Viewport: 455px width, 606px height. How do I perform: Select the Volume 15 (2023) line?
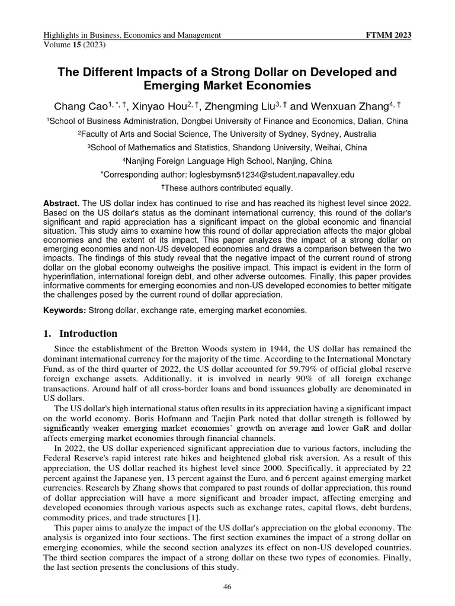[x=70, y=44]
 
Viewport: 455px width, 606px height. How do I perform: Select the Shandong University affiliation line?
[x=227, y=147]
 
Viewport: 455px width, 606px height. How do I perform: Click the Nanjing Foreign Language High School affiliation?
[x=227, y=161]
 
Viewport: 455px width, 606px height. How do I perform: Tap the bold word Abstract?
[x=61, y=203]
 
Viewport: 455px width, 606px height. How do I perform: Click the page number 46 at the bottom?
[x=227, y=586]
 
